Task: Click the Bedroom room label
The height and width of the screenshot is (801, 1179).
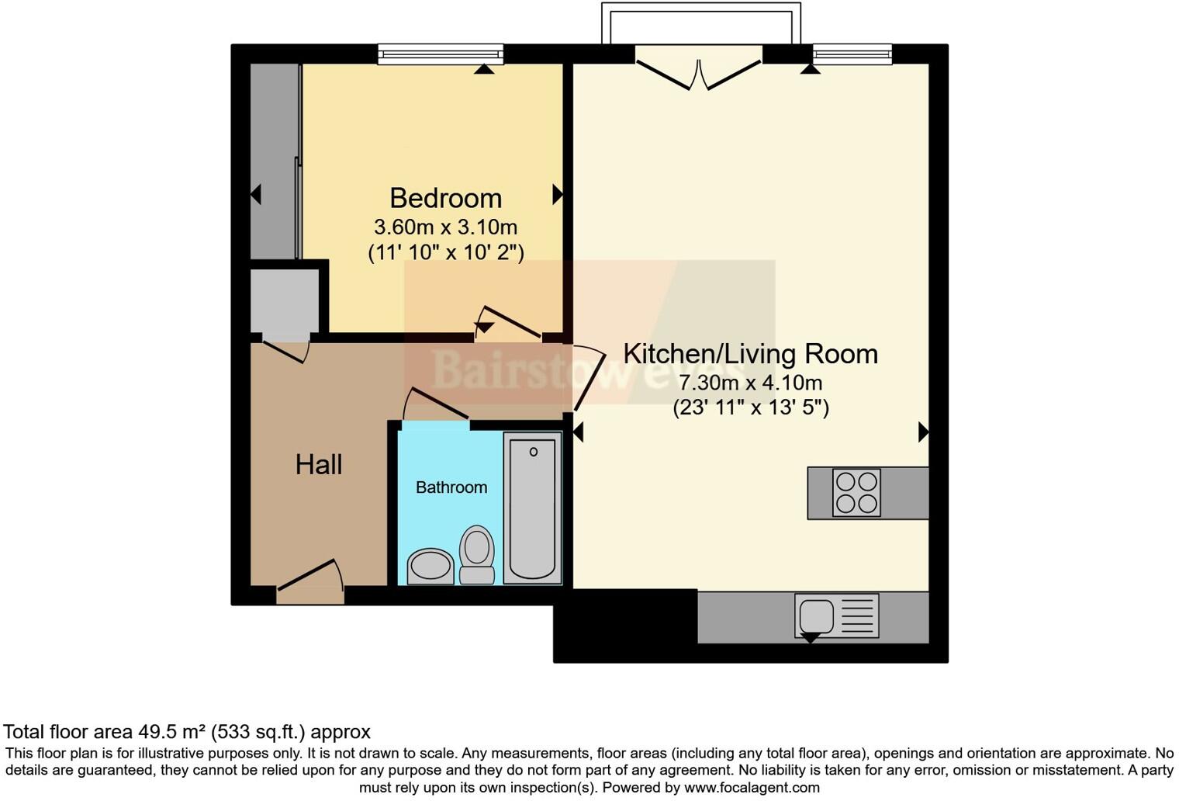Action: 445,198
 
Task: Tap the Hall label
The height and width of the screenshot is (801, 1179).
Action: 318,464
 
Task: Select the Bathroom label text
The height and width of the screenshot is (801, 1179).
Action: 451,487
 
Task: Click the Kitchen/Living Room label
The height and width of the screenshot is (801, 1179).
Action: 750,354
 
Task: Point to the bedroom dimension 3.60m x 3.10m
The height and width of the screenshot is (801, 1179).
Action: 445,227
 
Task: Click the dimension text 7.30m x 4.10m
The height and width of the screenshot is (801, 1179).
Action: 750,383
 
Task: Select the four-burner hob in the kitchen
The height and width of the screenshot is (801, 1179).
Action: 856,493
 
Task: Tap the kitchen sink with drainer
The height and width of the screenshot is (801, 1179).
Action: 836,616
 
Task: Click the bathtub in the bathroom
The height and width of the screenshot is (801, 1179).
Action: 532,508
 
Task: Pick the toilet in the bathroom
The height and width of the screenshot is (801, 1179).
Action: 477,554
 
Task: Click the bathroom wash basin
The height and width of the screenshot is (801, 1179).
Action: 430,566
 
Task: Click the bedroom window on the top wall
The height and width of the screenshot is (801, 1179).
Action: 440,54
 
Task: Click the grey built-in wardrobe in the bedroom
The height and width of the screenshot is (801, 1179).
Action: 274,161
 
